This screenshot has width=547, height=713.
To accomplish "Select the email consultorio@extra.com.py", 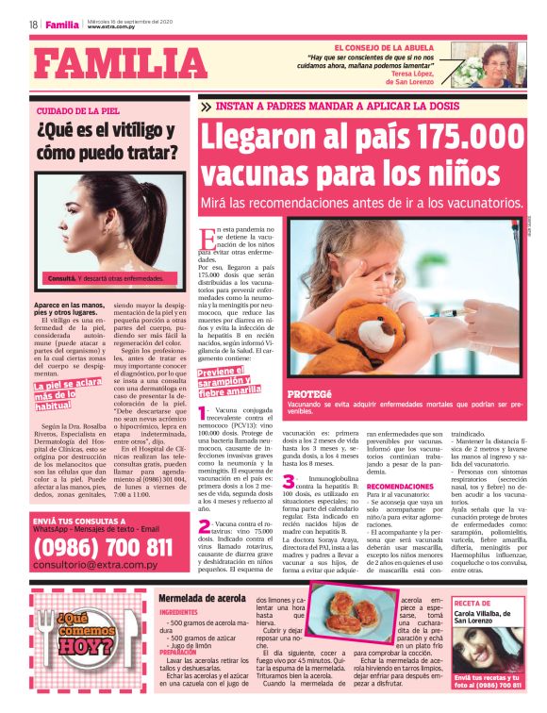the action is click(x=96, y=564).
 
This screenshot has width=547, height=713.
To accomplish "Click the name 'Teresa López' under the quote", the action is click(x=415, y=73).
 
